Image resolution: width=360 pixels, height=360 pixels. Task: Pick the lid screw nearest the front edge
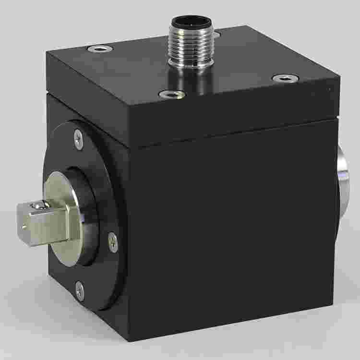coord(171,94)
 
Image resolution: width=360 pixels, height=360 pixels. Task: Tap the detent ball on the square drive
coord(38,205)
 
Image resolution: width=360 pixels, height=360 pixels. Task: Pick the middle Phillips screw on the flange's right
coord(112,242)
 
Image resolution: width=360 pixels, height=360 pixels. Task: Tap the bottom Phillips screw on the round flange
coord(80,290)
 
